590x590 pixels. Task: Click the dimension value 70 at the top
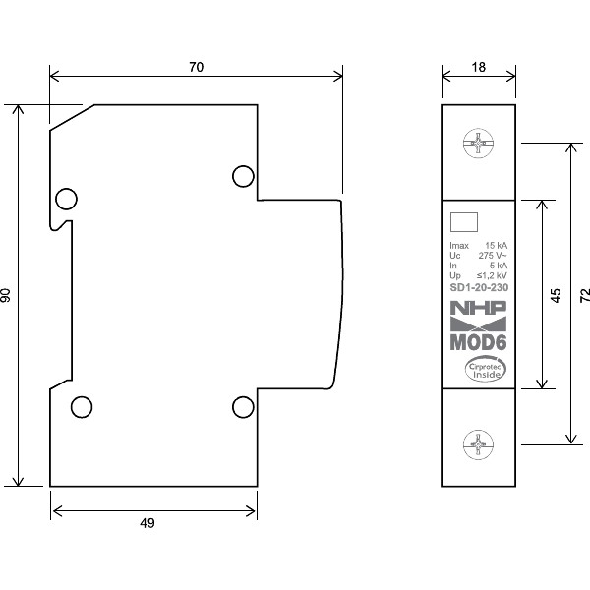click(197, 67)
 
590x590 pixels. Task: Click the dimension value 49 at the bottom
click(147, 523)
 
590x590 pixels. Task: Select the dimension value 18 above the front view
click(478, 67)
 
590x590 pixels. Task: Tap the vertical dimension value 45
click(556, 296)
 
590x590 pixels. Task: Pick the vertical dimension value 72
click(584, 294)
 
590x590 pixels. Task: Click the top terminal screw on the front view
click(478, 146)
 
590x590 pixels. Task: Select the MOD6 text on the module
click(478, 343)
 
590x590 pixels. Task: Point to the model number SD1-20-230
click(478, 288)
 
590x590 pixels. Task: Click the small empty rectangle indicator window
click(463, 222)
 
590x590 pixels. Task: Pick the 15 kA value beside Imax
click(496, 245)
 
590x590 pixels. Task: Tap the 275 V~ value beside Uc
click(493, 256)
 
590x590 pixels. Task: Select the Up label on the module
click(454, 276)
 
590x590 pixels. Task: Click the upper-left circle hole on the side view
click(66, 200)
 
